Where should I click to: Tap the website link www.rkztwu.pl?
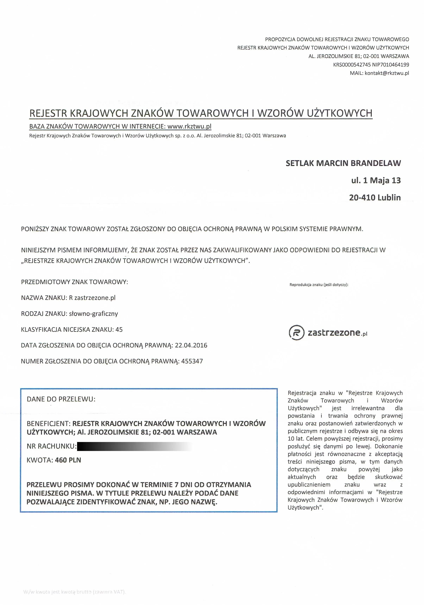[x=189, y=127]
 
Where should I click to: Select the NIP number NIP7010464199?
[x=391, y=65]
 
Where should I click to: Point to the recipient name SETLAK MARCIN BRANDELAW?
[x=343, y=163]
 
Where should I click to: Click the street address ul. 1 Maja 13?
[x=376, y=180]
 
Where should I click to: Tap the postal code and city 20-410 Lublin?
[x=375, y=198]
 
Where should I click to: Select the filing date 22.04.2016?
[x=191, y=345]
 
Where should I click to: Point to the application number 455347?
[x=192, y=361]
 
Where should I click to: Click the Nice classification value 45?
[x=119, y=330]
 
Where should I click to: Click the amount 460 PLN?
[x=68, y=460]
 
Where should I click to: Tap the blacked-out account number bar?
[x=134, y=446]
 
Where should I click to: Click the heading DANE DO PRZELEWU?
[x=61, y=399]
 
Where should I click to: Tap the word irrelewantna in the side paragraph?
[x=368, y=408]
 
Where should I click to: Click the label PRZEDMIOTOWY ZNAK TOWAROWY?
[x=74, y=282]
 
